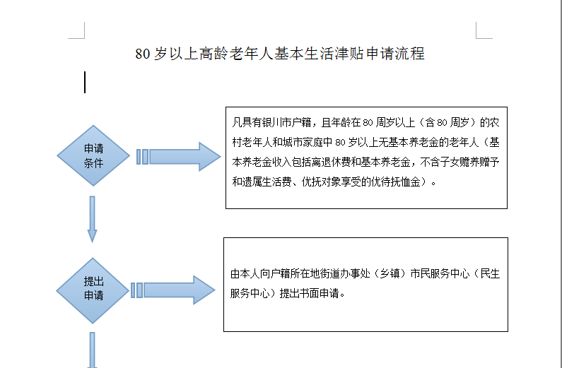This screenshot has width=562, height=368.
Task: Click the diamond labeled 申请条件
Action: point(93,156)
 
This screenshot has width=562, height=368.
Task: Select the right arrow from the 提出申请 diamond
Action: point(173,290)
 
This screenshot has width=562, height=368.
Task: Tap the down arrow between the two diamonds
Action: point(92,219)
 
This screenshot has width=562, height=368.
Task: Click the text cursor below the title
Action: point(85,82)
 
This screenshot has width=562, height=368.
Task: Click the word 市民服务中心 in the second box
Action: point(439,274)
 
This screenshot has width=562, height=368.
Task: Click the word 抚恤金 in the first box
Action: point(406,182)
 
